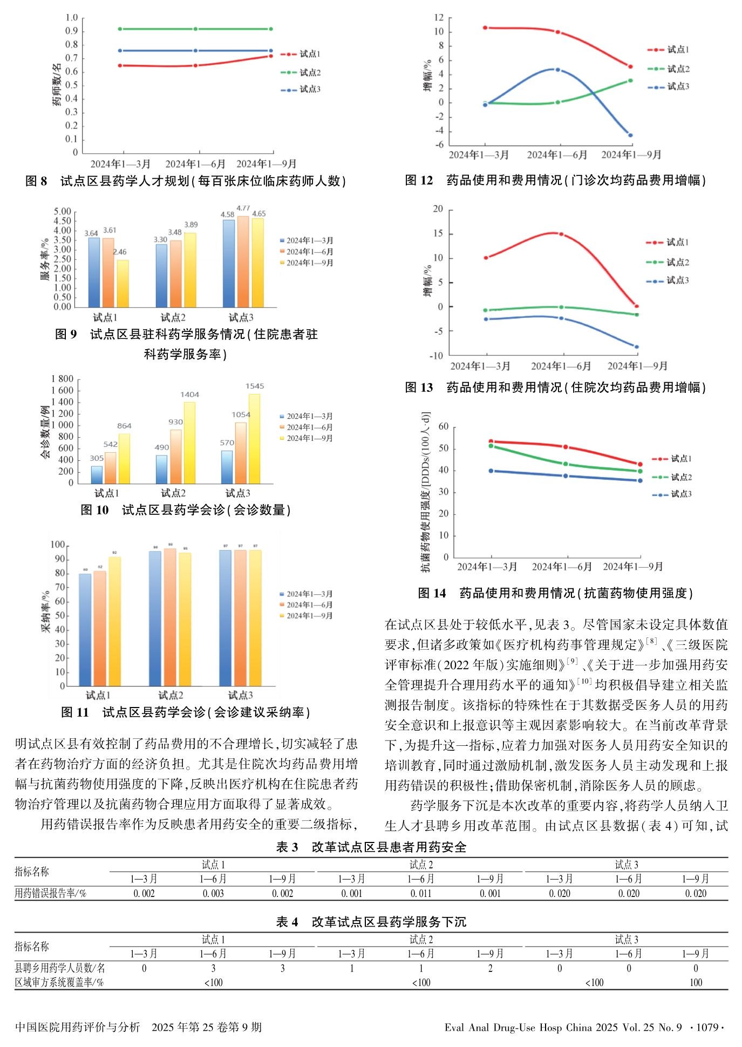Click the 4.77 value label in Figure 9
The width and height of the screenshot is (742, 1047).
(243, 208)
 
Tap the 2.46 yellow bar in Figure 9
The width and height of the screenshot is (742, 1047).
(123, 283)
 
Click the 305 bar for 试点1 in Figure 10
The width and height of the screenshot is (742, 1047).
(97, 474)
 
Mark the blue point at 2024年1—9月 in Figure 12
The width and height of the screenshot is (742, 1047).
(630, 135)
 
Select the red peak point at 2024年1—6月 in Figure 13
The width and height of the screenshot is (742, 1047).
(561, 234)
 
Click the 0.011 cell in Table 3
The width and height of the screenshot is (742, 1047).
(421, 893)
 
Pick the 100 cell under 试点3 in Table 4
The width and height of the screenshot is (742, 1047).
(696, 982)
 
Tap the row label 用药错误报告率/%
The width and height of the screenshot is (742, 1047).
(50, 893)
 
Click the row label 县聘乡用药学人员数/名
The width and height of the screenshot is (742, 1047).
(60, 968)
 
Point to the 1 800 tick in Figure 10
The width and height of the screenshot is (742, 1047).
(62, 379)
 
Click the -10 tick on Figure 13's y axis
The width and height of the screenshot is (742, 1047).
(436, 356)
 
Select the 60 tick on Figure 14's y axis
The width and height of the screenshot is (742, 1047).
(443, 426)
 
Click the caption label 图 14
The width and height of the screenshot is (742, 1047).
(432, 593)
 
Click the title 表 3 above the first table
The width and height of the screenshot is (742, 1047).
(287, 847)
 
